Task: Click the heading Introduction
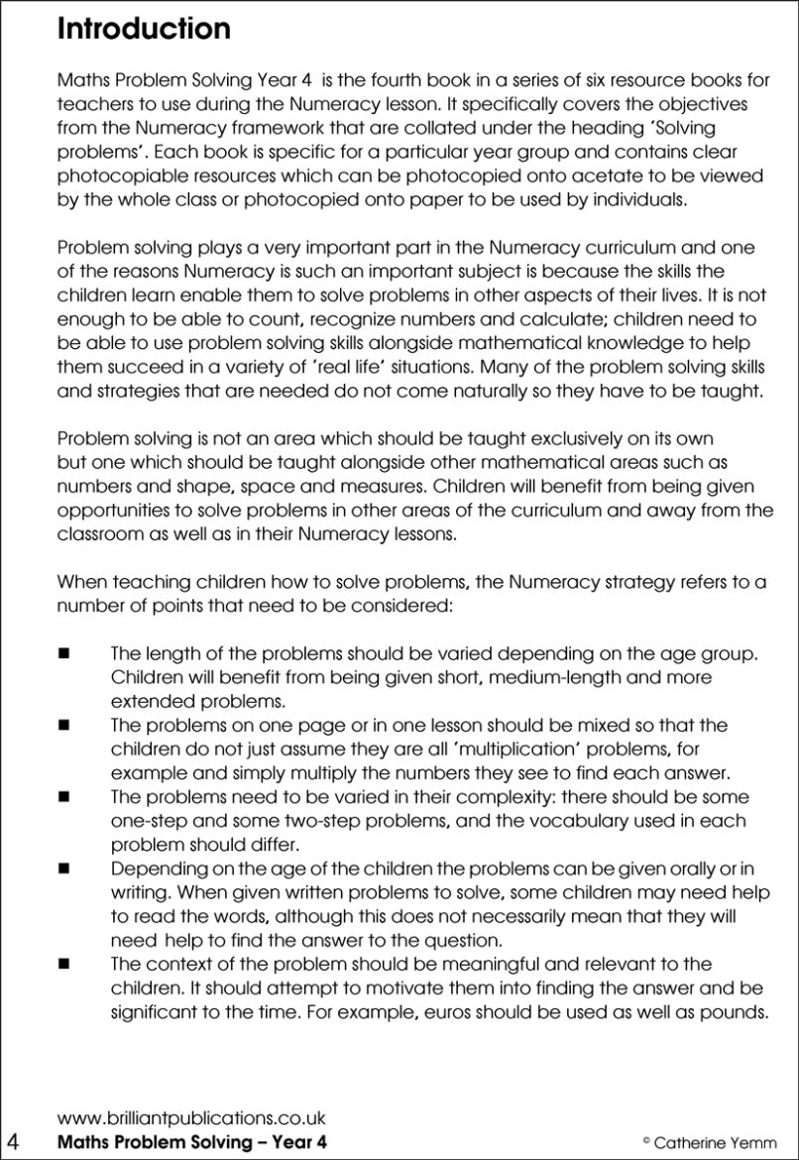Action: (144, 28)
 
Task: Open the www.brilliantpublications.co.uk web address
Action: (191, 1116)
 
